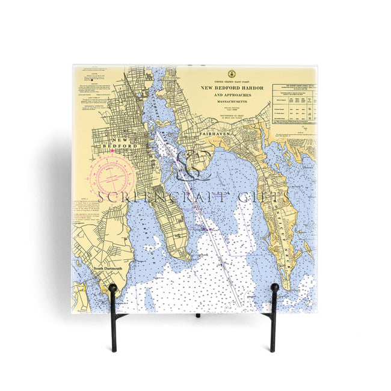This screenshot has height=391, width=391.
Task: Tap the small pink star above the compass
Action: coord(112,151)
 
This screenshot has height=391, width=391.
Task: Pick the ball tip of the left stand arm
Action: coord(112,288)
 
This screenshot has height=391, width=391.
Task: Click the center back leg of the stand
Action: coord(197,315)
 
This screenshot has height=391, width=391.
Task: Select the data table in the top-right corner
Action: coord(294,103)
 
